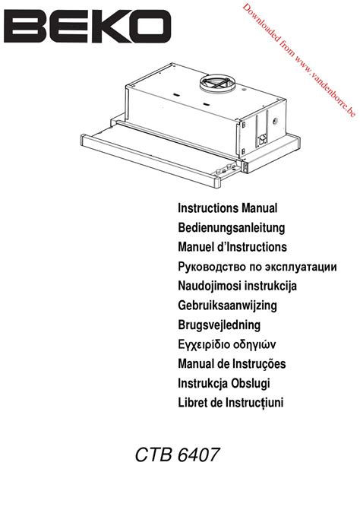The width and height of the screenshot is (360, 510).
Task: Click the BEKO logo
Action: click(x=87, y=27)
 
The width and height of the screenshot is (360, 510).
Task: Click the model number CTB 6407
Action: click(x=177, y=455)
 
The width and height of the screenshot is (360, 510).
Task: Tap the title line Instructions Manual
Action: click(x=227, y=208)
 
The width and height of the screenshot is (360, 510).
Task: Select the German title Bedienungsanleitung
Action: click(x=232, y=228)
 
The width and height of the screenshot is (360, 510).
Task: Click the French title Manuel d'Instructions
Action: click(x=232, y=247)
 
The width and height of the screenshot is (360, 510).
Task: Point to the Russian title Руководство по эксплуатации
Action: click(x=257, y=267)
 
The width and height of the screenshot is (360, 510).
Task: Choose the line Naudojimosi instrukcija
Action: click(x=237, y=286)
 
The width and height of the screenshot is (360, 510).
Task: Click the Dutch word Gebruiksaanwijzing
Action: click(x=227, y=306)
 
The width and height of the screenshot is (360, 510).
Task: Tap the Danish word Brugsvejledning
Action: click(x=219, y=325)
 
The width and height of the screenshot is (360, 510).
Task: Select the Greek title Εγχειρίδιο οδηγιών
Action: click(x=227, y=344)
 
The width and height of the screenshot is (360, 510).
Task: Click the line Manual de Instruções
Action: click(x=232, y=363)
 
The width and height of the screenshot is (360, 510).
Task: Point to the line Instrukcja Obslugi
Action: click(x=224, y=383)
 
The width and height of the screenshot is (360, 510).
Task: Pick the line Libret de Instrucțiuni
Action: click(x=231, y=403)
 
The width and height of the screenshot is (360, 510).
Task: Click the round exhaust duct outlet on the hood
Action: click(x=218, y=81)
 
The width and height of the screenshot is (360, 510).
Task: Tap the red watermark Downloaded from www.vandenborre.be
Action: click(x=299, y=59)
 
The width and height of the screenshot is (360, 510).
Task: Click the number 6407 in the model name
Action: click(x=198, y=455)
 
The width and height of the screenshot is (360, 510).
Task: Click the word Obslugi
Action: click(x=251, y=383)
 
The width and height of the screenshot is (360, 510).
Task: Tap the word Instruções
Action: click(x=259, y=363)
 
